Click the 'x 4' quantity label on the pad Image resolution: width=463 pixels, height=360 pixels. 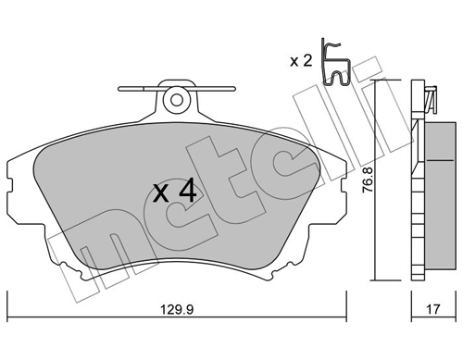(174, 192)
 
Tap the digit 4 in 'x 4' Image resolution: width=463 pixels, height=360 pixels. (186, 192)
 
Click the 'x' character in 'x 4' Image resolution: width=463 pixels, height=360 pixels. (160, 193)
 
